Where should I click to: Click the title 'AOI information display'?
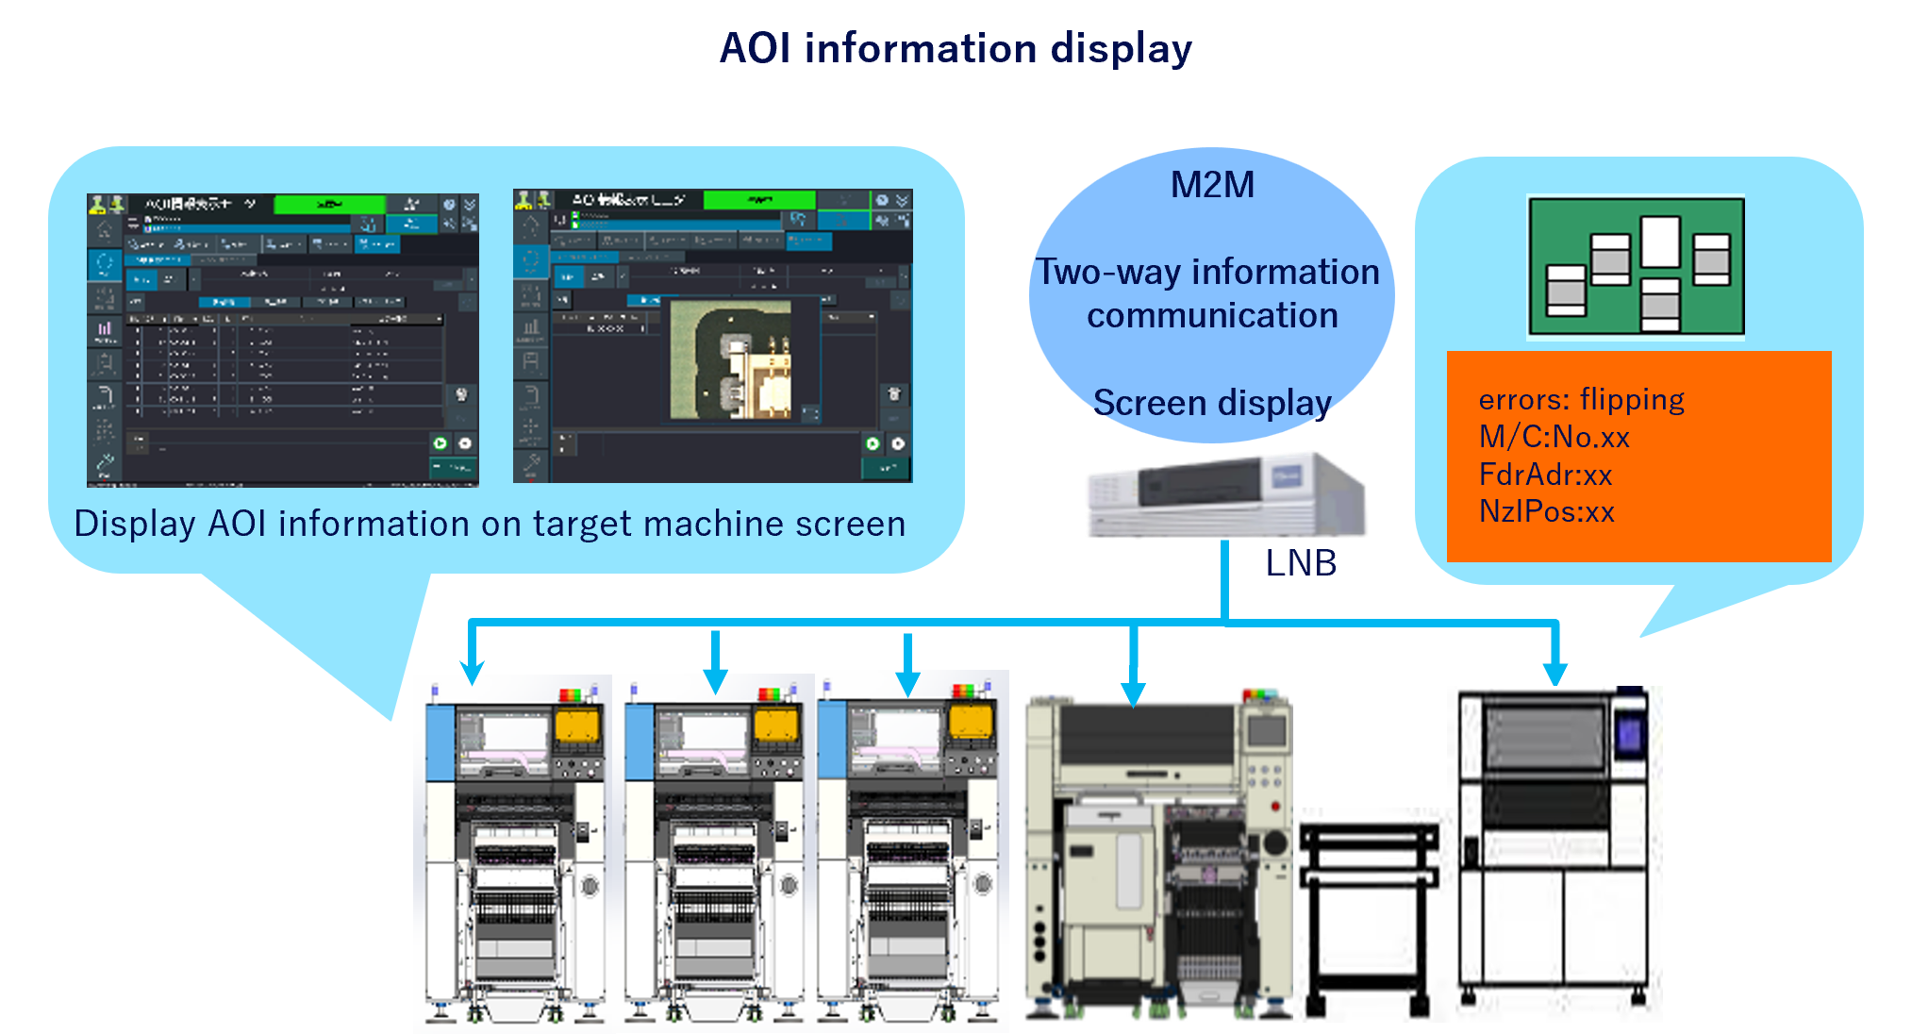click(956, 48)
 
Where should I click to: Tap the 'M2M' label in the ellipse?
click(1212, 185)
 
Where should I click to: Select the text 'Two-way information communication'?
click(1210, 293)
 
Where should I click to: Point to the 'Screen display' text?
click(1212, 403)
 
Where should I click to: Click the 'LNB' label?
click(1300, 563)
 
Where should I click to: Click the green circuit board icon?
click(1636, 267)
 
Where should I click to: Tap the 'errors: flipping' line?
click(1581, 400)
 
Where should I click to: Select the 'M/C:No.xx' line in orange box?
click(1554, 437)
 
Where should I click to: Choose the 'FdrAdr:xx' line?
click(1545, 475)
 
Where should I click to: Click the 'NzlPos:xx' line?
click(1546, 511)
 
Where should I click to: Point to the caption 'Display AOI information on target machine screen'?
click(490, 524)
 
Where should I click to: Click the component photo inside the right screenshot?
click(731, 359)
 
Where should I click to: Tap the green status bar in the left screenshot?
click(329, 204)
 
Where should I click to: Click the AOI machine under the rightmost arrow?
click(1555, 853)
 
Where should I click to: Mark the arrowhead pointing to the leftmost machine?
click(472, 671)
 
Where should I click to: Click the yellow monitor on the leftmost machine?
click(577, 726)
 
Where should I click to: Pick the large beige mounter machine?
click(1158, 853)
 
